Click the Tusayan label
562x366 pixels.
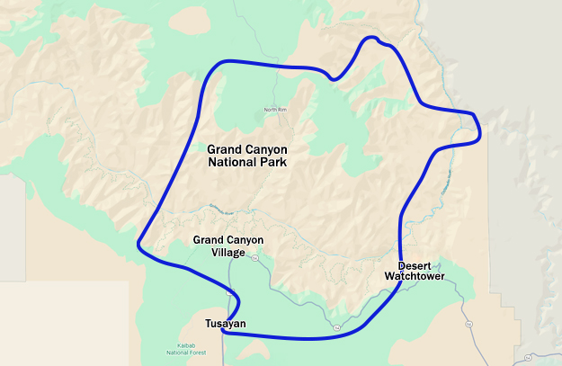point(225,324)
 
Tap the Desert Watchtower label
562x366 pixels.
point(415,271)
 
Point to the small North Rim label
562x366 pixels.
point(275,110)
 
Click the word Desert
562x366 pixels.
point(415,265)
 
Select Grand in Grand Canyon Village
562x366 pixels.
point(208,240)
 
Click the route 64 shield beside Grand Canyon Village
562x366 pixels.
point(254,257)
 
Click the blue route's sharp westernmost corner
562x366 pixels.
point(138,244)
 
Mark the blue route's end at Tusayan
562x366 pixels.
point(221,332)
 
